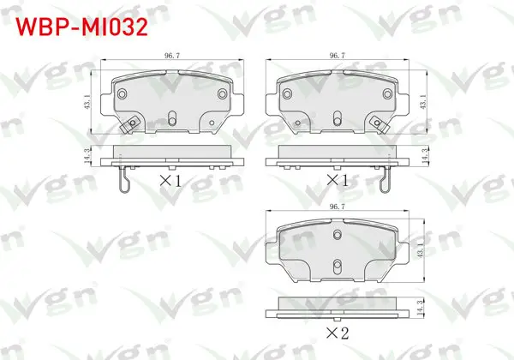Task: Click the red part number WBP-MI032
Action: pyautogui.click(x=82, y=27)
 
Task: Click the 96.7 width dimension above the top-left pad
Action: pyautogui.click(x=172, y=56)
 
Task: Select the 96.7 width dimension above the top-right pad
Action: pyautogui.click(x=338, y=56)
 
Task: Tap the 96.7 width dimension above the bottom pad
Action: pyautogui.click(x=338, y=207)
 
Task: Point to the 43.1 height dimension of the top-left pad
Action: pyautogui.click(x=88, y=102)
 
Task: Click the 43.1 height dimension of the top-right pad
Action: pyautogui.click(x=423, y=102)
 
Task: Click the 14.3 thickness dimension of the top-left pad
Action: pyautogui.click(x=87, y=156)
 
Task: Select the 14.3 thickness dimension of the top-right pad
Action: pyautogui.click(x=425, y=156)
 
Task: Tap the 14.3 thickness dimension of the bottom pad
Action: pyautogui.click(x=421, y=307)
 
